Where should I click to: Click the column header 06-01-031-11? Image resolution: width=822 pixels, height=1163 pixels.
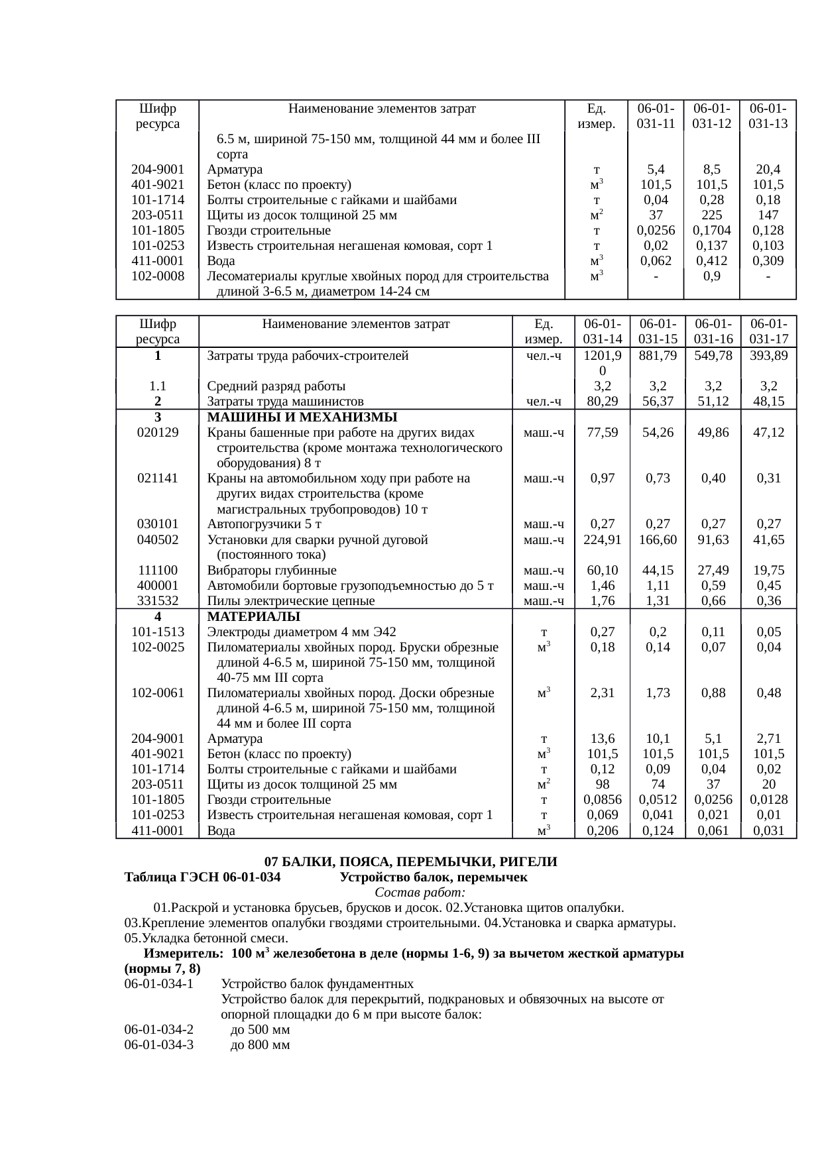[x=655, y=115]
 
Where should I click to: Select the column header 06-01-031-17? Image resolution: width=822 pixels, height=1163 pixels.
[x=768, y=331]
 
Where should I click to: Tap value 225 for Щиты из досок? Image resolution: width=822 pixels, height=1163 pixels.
[x=711, y=215]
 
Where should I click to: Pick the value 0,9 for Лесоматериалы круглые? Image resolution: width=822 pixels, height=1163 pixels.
[x=711, y=276]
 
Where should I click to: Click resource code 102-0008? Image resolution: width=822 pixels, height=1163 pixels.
[x=158, y=276]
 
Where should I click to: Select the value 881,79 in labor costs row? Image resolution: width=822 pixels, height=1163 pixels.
[x=658, y=356]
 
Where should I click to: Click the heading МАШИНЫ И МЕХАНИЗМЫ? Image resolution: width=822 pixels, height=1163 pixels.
[x=302, y=417]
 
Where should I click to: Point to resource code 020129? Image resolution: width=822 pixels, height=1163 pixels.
[x=158, y=433]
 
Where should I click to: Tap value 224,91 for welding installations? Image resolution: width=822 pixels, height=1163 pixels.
[x=602, y=540]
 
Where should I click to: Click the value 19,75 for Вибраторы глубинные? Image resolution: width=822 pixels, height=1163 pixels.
[x=768, y=571]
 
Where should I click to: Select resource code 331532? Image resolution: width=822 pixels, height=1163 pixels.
[x=158, y=601]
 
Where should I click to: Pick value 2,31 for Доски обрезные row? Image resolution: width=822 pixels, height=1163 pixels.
[x=602, y=693]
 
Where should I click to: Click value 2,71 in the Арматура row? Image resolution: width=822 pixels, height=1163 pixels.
[x=768, y=739]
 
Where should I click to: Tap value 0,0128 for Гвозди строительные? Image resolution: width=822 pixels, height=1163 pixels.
[x=768, y=800]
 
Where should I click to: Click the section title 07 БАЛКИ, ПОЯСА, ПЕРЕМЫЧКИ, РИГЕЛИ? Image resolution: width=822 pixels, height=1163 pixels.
[x=410, y=863]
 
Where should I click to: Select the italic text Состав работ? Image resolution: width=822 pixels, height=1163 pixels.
[x=410, y=893]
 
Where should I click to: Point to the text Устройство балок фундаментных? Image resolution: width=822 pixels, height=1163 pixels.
[x=318, y=985]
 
